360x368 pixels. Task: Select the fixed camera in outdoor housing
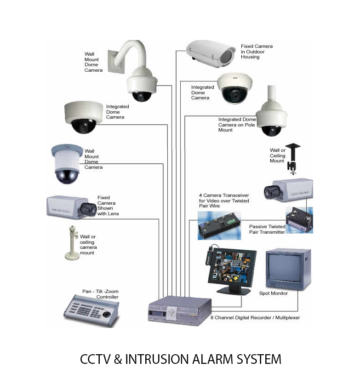tap(211, 53)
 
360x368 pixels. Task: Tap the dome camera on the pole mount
tap(271, 119)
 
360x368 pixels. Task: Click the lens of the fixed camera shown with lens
tap(87, 209)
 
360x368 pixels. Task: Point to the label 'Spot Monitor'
tap(274, 293)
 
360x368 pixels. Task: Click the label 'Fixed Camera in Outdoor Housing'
tap(257, 52)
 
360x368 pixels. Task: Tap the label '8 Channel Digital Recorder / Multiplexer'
tap(255, 317)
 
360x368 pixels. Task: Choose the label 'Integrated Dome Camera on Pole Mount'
tap(237, 125)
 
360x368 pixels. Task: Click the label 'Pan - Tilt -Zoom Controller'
tap(100, 294)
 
